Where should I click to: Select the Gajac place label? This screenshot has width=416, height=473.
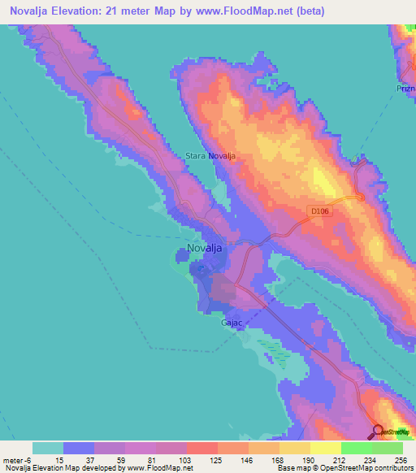[x=232, y=323]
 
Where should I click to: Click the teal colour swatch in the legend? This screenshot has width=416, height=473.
[x=48, y=447]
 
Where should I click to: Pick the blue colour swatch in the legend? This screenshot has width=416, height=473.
[x=79, y=447]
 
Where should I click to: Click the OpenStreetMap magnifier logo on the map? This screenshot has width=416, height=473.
[x=379, y=431]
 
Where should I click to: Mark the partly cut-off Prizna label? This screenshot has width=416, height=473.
[x=406, y=89]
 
